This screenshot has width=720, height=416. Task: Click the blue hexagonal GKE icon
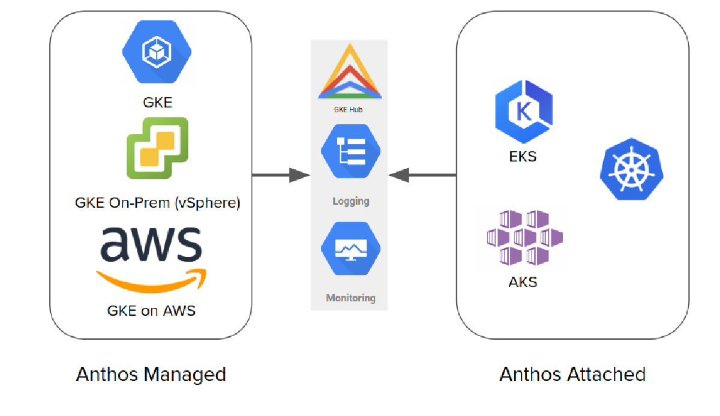point(157,51)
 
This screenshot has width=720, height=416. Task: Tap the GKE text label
point(157,103)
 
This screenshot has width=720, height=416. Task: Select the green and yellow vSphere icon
point(157,148)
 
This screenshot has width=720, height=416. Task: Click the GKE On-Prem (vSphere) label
point(157,203)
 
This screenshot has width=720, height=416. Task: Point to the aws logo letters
point(151,244)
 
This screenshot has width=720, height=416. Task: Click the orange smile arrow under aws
point(151,278)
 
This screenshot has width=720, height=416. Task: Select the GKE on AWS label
point(151,310)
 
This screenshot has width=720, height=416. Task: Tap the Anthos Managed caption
point(151,375)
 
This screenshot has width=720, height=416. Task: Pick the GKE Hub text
point(349,110)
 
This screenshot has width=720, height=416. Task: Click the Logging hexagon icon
point(351,151)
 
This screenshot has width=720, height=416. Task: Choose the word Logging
point(351,201)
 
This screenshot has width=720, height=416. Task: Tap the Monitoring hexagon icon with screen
point(351,248)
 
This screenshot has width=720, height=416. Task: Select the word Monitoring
point(351,298)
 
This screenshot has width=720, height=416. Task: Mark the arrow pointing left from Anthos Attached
point(422,175)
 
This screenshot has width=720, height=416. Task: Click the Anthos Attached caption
point(572,375)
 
